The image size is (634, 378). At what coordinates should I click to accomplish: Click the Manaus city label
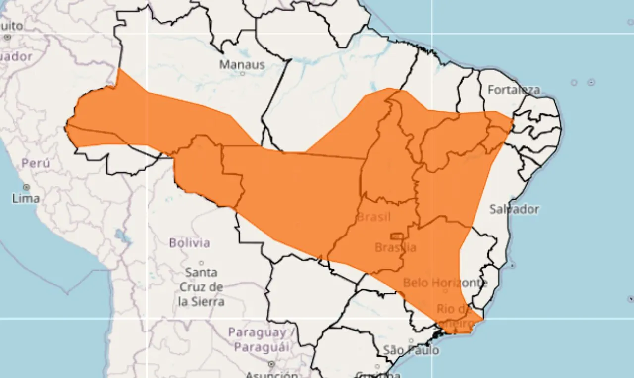tap(242, 64)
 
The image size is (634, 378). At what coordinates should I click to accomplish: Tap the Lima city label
tap(26, 198)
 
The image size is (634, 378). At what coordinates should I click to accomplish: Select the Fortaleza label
tap(514, 90)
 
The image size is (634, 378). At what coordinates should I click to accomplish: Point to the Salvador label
tap(514, 209)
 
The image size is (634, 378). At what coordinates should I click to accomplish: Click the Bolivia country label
tap(189, 243)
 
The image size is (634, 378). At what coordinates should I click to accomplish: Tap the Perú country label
tap(36, 163)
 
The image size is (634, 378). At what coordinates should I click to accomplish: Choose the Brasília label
tap(395, 247)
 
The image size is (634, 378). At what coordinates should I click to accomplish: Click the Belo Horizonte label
tap(445, 283)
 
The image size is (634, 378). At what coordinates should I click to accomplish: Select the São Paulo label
tap(411, 350)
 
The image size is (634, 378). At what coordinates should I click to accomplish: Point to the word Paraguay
tap(257, 332)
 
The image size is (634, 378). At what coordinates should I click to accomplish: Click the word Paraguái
tap(262, 347)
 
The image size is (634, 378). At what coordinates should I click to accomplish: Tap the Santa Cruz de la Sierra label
tap(201, 286)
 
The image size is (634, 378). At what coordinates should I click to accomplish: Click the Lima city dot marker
tap(26, 188)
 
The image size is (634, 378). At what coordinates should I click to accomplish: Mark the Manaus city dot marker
tap(242, 74)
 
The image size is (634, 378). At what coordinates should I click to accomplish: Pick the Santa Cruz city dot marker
tap(201, 263)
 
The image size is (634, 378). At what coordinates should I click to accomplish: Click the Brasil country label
tap(373, 217)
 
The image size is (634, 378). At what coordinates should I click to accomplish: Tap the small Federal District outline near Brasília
tap(396, 236)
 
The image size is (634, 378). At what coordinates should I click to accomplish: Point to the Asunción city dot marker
tap(271, 364)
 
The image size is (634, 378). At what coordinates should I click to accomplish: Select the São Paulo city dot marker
tap(411, 340)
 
